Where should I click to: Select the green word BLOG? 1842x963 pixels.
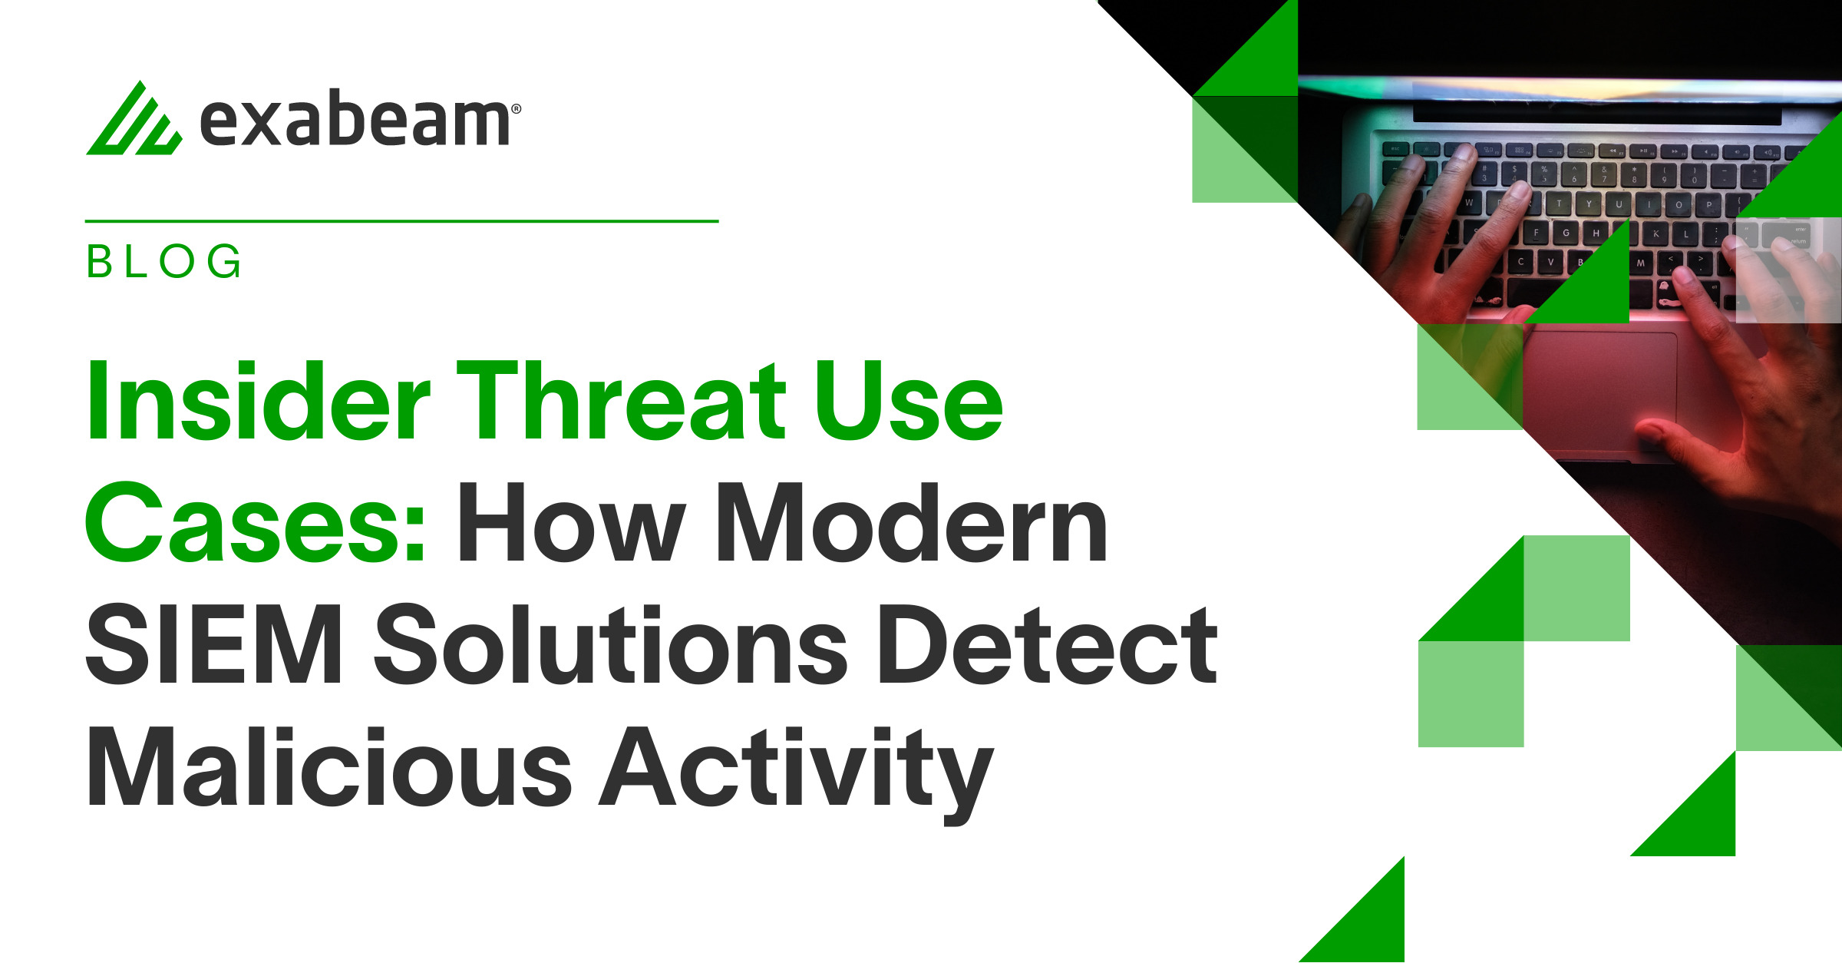[164, 261]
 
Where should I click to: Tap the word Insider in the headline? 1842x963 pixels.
[259, 401]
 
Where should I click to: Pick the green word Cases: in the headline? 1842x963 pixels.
[255, 522]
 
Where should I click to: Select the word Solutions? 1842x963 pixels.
[611, 644]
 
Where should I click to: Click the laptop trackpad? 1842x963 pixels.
[1600, 392]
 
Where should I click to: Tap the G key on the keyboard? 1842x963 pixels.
[1566, 233]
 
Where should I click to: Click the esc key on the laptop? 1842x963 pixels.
[1395, 149]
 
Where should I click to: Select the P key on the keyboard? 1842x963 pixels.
[1708, 205]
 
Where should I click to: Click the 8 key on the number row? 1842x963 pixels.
[1634, 175]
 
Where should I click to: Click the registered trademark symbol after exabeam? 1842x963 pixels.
[516, 109]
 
